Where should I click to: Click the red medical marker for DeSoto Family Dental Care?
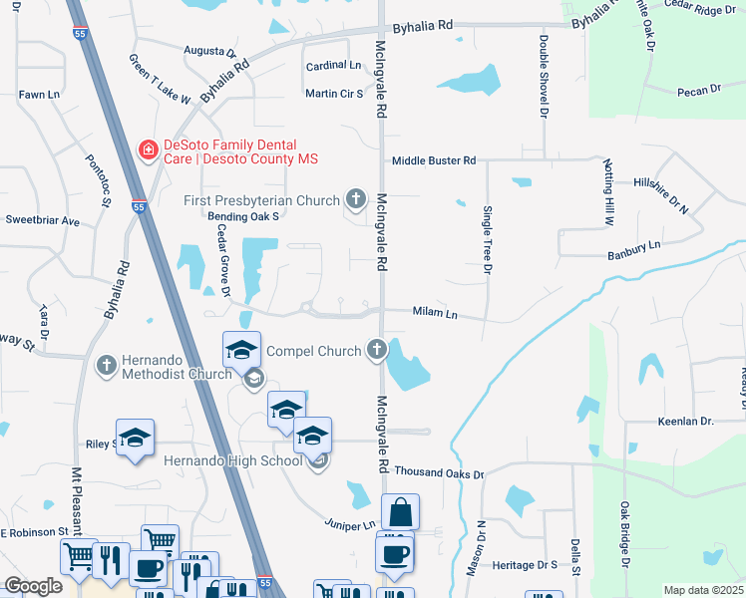point(148,149)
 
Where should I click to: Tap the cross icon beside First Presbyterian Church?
point(355,199)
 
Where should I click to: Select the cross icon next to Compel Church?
point(376,349)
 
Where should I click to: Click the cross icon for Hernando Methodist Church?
point(107,365)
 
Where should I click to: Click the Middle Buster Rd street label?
point(434,160)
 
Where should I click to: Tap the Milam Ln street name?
point(435,314)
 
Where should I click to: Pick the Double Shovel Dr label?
point(545,78)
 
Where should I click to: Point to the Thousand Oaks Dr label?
point(439,473)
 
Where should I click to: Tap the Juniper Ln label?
point(349,524)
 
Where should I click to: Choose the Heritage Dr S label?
point(526,565)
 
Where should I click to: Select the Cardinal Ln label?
point(333,66)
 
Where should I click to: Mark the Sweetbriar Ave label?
point(42,220)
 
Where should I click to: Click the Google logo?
point(33,586)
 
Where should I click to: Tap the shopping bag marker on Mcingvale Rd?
point(400,513)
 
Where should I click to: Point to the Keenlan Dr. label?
point(687,423)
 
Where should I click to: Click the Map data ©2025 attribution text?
point(704,590)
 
